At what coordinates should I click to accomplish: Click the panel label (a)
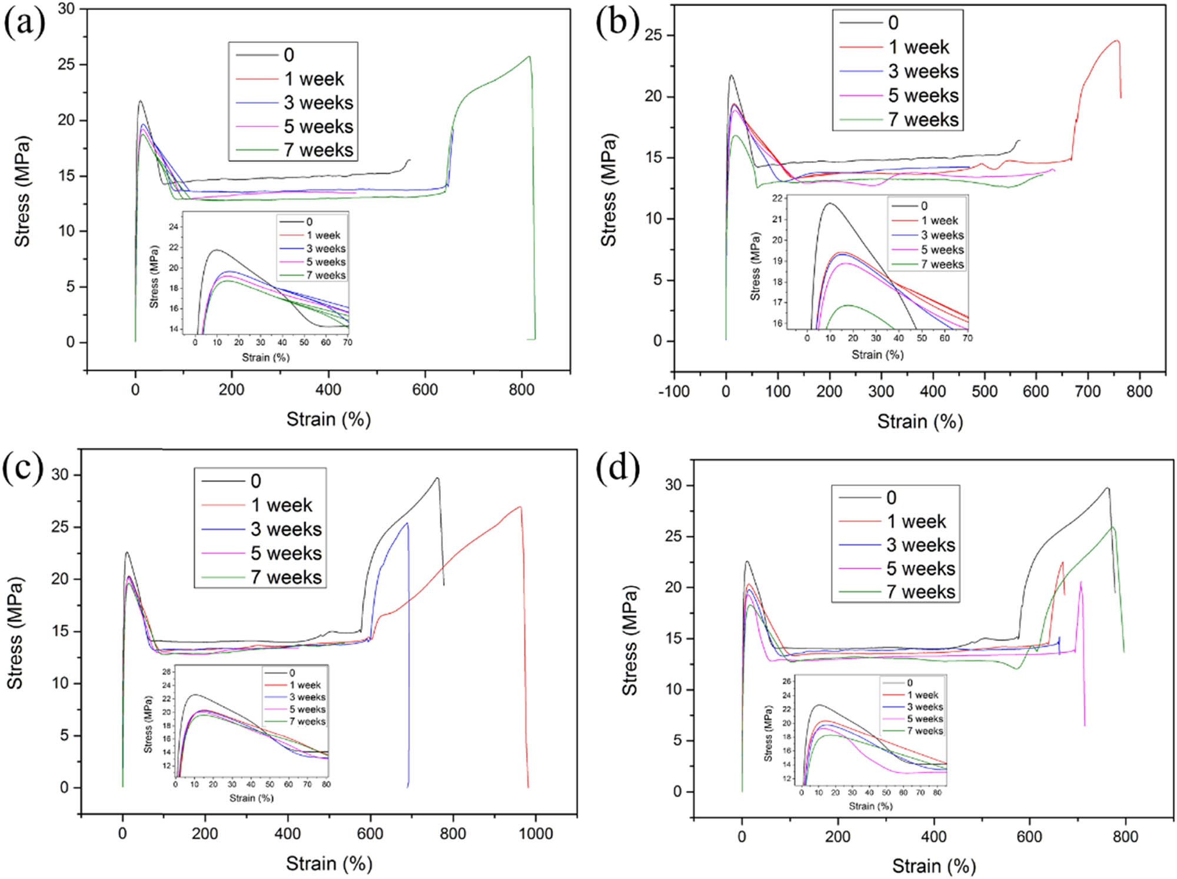coord(24,25)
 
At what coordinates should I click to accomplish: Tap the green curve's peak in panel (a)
coord(530,56)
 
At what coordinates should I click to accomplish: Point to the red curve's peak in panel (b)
coord(1116,41)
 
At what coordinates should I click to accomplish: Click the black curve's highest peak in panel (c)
coord(437,478)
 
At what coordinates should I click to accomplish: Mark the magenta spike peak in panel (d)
coord(1080,582)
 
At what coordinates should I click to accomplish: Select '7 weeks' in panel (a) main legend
coord(318,150)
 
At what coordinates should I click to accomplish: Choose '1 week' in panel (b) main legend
coord(919,47)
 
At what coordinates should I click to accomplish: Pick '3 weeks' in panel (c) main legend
coord(286,529)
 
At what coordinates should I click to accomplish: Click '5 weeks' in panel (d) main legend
coord(920,568)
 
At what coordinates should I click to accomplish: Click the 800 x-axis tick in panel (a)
coord(521,389)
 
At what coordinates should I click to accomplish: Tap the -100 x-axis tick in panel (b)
coord(674,391)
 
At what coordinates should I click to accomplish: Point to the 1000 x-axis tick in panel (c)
coord(536,834)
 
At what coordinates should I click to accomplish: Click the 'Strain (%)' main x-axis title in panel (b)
coord(920,421)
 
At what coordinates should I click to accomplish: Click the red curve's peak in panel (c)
coord(520,507)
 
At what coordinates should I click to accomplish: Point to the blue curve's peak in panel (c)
coord(407,523)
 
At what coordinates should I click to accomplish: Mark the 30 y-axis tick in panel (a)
coord(67,9)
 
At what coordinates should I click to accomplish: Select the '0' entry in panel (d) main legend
coord(891,498)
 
